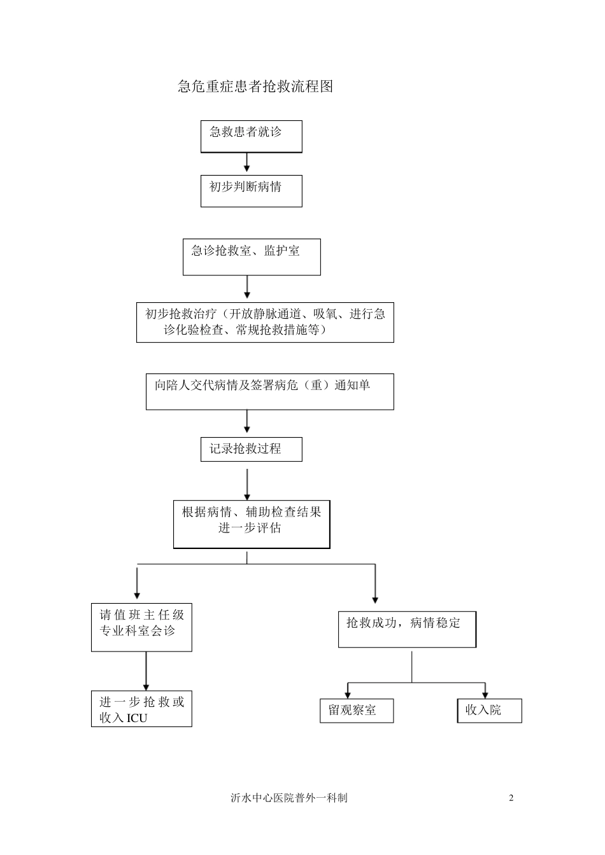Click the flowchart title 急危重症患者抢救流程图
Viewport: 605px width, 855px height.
[255, 87]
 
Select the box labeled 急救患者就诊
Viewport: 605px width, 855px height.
[251, 136]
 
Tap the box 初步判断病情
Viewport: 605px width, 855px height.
[251, 191]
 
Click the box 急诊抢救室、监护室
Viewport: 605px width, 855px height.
[252, 256]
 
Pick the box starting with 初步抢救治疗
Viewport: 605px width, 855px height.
[265, 322]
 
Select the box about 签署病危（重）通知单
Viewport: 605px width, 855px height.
[269, 391]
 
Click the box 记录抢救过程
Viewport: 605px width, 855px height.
[251, 449]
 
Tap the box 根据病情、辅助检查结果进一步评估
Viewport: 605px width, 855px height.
[252, 524]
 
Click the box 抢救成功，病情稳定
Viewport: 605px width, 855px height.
[407, 629]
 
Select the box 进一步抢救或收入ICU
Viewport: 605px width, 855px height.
[141, 709]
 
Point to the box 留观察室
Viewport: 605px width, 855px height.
[357, 711]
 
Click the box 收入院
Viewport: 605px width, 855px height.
[489, 711]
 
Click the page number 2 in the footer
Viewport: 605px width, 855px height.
[511, 798]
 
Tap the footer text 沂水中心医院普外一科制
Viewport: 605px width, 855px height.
[289, 798]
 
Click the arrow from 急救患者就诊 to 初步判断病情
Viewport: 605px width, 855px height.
[247, 163]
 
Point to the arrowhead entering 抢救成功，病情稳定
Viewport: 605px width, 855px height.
[375, 599]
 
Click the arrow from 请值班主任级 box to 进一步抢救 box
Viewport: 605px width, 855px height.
[146, 671]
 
